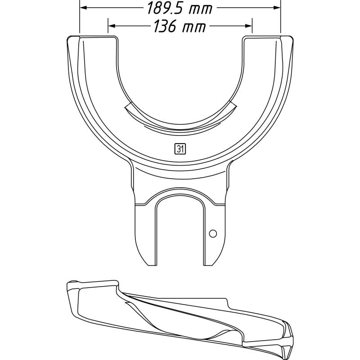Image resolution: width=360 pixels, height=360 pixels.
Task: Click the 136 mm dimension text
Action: click(180, 27)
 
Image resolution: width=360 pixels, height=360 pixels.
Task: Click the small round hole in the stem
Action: click(213, 233)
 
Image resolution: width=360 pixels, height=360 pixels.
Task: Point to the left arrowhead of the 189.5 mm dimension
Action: click(82, 8)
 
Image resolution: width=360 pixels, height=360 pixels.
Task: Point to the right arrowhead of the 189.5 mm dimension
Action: click(278, 8)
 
